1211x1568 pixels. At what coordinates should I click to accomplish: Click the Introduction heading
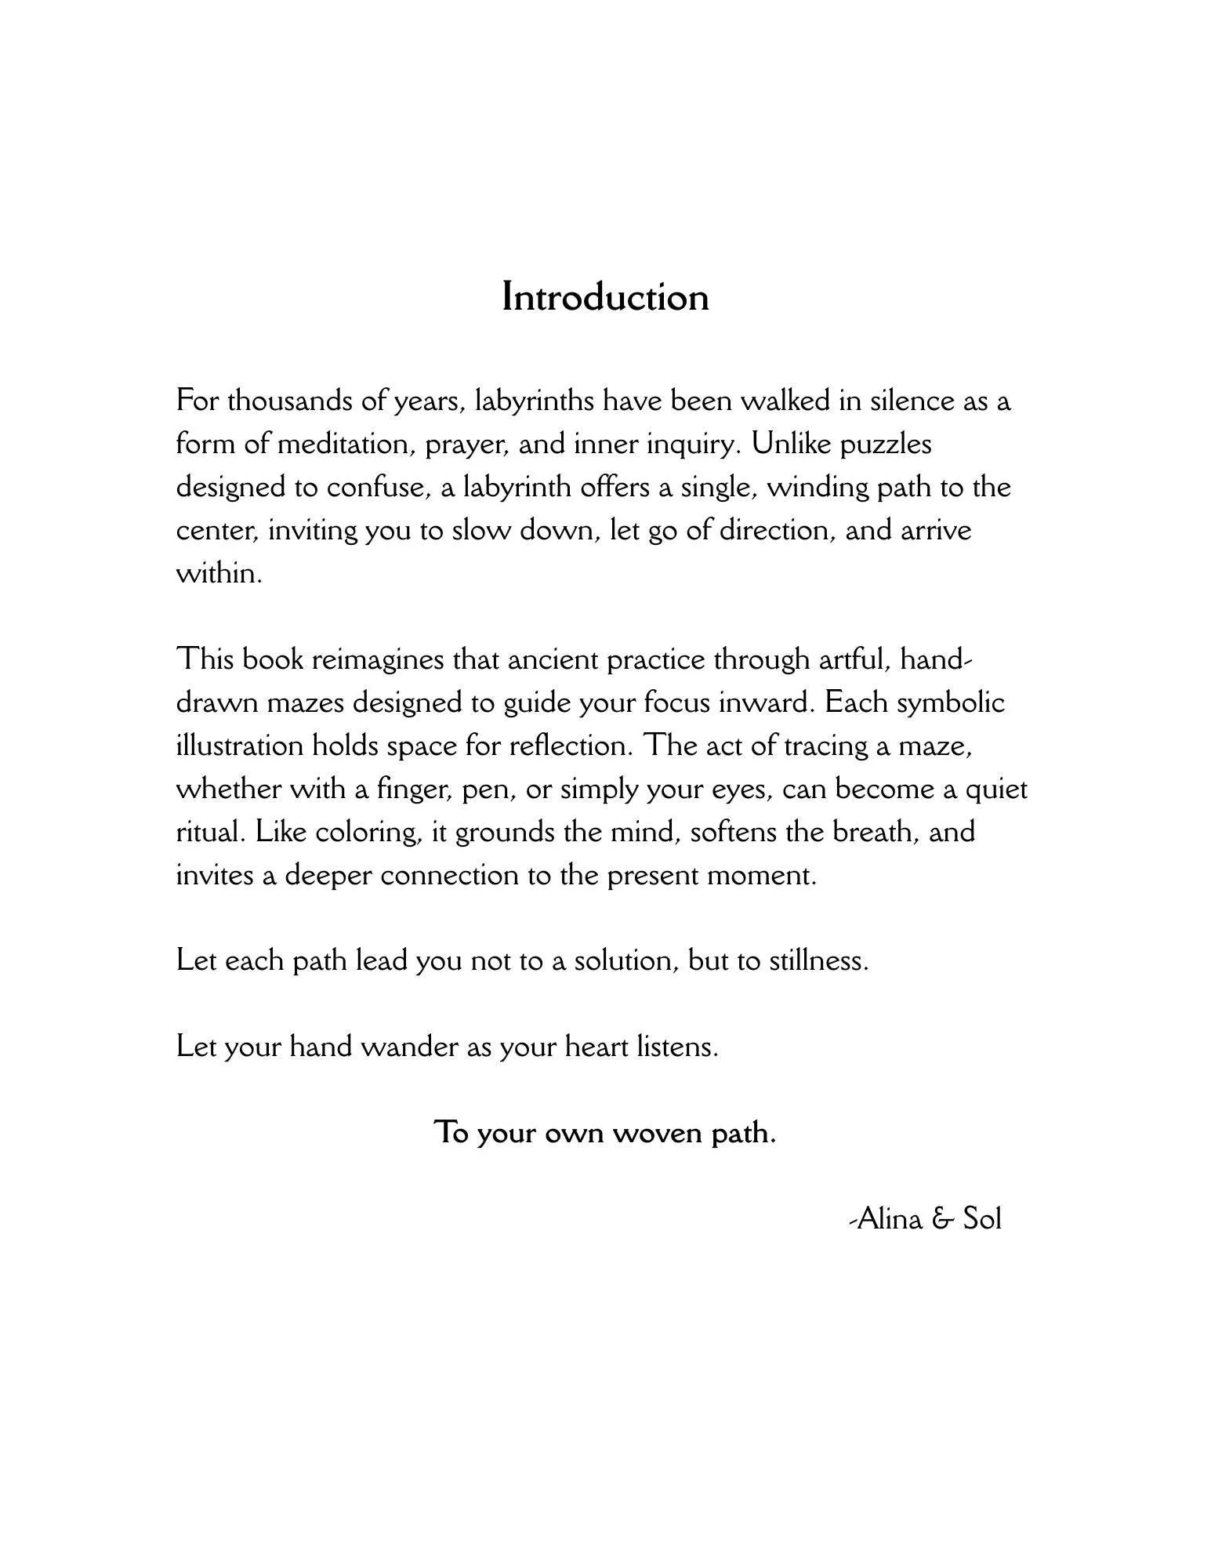tap(605, 297)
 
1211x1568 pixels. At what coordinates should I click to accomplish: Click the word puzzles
tap(886, 445)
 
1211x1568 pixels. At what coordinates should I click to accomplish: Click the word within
tap(218, 574)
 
